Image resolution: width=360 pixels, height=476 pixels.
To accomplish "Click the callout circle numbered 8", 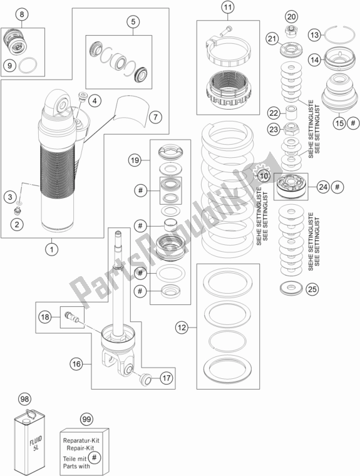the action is (22, 14).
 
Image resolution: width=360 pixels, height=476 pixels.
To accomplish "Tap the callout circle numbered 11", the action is (228, 8).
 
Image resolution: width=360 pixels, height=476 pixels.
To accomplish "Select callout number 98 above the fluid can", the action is (24, 398).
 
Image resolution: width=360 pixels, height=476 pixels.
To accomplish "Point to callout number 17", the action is (167, 378).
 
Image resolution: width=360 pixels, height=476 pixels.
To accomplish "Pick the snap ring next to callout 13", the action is (340, 34).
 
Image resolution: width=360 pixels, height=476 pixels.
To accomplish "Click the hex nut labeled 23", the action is (291, 129).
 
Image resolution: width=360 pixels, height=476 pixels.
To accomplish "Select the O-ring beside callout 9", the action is (28, 65).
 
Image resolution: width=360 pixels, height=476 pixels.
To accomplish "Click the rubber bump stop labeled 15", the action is (340, 91).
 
